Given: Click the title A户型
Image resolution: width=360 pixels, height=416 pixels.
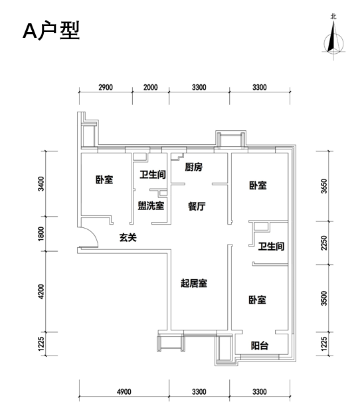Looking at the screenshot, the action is (51, 31).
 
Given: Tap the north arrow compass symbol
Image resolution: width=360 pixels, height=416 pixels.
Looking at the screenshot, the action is (333, 40).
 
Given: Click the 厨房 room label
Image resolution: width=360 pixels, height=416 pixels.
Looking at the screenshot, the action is (194, 167).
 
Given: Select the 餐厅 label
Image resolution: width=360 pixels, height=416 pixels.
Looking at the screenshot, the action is (197, 206).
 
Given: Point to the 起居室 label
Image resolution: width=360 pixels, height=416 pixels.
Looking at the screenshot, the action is (194, 283).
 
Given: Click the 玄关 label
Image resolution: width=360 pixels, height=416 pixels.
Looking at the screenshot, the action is (128, 237).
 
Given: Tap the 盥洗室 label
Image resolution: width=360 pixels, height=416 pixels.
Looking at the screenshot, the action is (151, 205).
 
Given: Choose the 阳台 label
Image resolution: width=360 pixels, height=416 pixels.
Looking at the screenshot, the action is (260, 346).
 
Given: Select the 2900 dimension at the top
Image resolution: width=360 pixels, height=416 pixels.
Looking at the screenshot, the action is (106, 87).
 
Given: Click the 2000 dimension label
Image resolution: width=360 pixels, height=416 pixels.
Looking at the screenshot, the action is (151, 87).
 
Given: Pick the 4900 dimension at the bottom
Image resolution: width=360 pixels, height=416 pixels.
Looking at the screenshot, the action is (124, 391).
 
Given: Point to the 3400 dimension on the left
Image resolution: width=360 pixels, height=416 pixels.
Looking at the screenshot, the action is (41, 183).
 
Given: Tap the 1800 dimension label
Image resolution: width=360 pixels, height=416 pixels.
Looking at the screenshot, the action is (41, 234).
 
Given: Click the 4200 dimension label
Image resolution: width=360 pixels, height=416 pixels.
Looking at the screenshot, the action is (41, 292).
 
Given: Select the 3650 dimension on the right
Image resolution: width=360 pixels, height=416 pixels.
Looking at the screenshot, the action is (324, 186).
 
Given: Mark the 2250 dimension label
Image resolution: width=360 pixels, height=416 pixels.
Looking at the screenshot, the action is (324, 243).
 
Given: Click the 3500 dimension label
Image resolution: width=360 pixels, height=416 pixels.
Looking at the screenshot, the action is (324, 298).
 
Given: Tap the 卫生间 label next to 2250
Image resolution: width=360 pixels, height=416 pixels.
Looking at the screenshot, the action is (271, 247).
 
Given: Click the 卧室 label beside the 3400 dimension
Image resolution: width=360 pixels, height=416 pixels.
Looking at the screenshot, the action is (104, 179).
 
